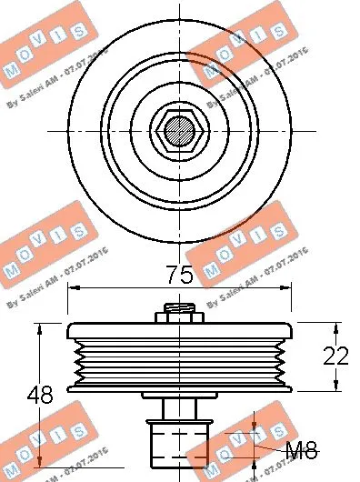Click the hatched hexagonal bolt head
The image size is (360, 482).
tap(179, 132)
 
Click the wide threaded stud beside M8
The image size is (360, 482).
tap(179, 443)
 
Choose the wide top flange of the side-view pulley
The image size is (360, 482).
tap(179, 331)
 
